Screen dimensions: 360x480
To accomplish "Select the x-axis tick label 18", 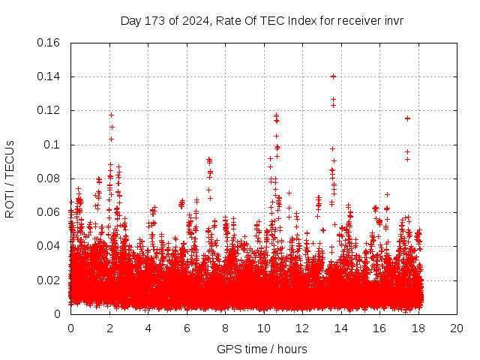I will (x=418, y=328).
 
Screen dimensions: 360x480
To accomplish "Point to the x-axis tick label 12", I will (x=302, y=328).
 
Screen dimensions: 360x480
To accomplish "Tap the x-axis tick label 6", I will (x=187, y=328).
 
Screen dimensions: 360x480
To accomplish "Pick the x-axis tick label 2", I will (x=109, y=328).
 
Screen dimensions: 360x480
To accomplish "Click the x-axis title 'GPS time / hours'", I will (x=262, y=349).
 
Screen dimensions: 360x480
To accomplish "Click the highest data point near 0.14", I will (x=333, y=76).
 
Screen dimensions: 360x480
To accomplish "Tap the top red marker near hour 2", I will (x=111, y=115).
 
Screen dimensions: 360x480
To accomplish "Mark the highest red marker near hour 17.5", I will (x=407, y=118).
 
